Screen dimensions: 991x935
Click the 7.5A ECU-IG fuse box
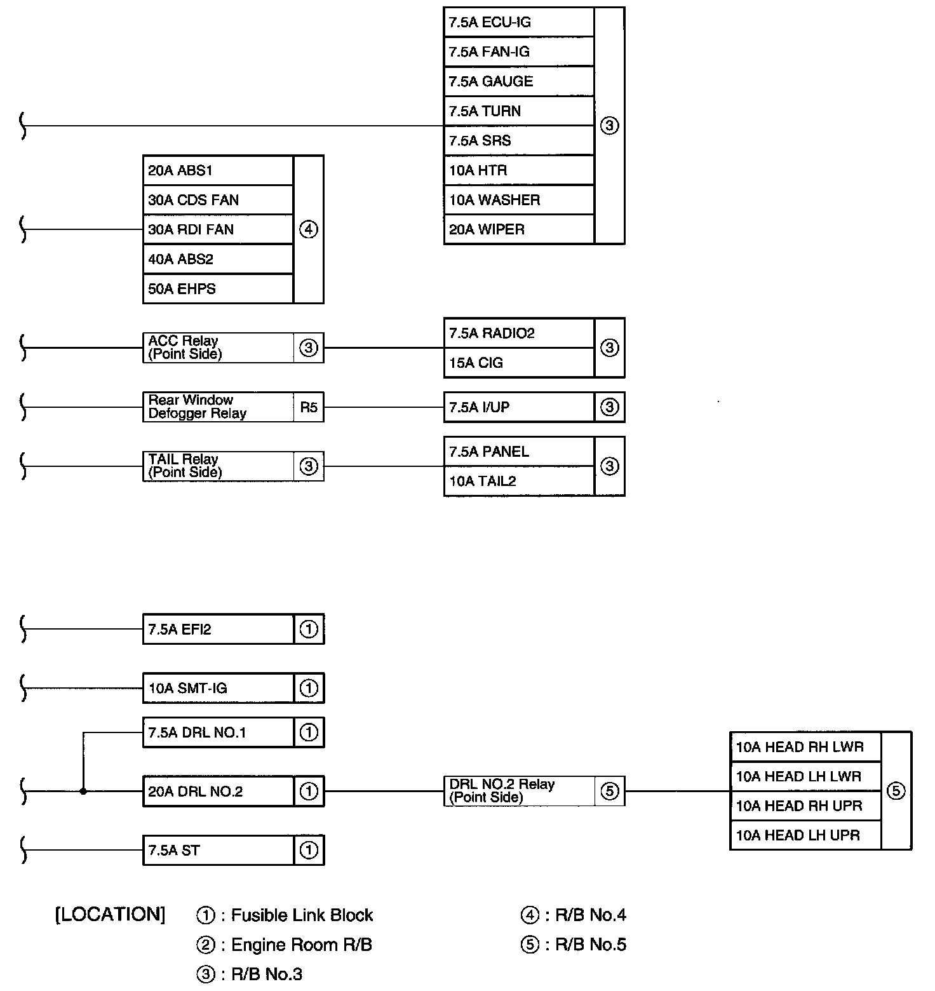[518, 22]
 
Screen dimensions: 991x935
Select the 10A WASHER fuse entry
[518, 200]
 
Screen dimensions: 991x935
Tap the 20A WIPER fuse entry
[518, 229]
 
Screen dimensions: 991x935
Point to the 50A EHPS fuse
[218, 289]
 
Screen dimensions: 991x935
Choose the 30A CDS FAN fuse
[218, 200]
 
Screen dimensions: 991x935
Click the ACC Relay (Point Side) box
[218, 347]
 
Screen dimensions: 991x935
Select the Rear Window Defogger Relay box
[218, 407]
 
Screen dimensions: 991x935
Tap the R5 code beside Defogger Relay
[309, 407]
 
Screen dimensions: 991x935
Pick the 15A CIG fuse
[518, 363]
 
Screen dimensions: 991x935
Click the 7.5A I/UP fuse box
[518, 407]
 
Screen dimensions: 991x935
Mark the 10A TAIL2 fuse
[518, 481]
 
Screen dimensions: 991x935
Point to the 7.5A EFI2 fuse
[218, 630]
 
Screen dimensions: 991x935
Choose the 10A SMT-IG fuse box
[218, 688]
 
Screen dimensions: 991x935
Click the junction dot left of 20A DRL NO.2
[83, 792]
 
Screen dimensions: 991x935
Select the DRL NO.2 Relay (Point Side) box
[519, 791]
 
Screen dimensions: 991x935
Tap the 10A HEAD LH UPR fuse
[805, 835]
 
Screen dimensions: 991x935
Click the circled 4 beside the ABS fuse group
[309, 229]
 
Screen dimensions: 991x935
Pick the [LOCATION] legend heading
[111, 915]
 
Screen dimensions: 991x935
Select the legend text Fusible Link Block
[302, 915]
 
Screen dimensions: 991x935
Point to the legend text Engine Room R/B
[301, 945]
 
